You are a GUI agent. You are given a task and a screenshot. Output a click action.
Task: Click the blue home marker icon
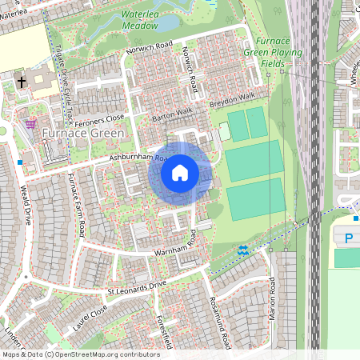[x=180, y=172]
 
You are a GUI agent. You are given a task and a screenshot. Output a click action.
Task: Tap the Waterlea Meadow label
[x=140, y=21]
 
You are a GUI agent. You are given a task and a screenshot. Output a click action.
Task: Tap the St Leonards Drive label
[x=135, y=286]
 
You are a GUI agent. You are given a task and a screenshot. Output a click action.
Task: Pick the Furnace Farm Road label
[x=77, y=205]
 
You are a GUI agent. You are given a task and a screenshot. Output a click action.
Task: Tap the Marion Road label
[x=273, y=299]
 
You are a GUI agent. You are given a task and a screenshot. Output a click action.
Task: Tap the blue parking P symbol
[x=349, y=238]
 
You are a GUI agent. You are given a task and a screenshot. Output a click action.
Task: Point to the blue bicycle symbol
[x=243, y=250]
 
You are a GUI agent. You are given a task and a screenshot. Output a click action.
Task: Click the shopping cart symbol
[x=30, y=124]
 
